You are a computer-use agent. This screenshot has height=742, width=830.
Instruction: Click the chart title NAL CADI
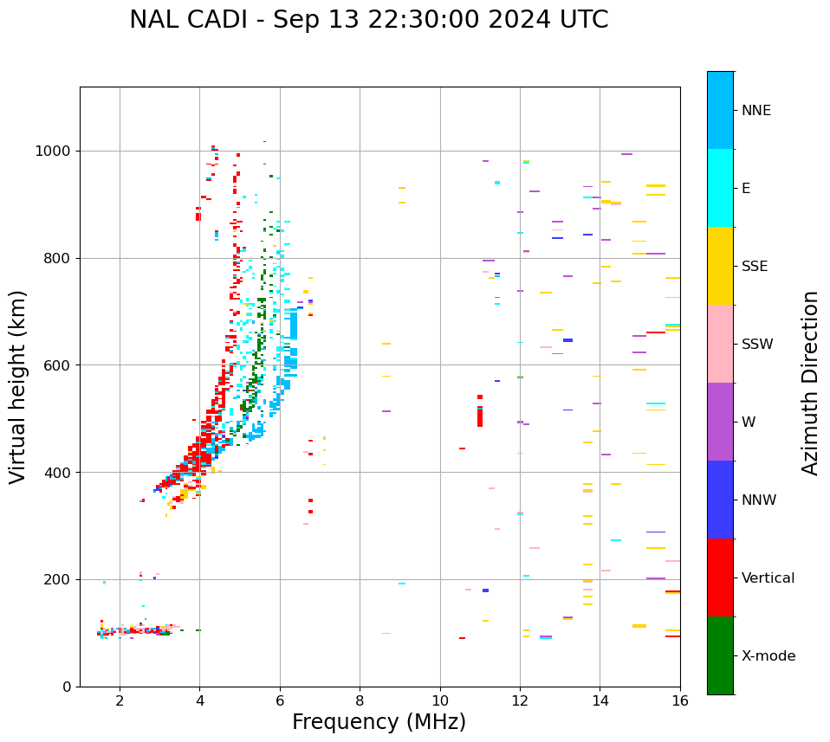(x=368, y=20)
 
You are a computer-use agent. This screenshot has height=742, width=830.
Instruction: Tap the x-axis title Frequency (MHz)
(x=379, y=722)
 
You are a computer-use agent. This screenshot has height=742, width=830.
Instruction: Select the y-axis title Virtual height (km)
(x=18, y=386)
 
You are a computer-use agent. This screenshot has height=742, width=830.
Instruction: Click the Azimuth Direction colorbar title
(x=810, y=382)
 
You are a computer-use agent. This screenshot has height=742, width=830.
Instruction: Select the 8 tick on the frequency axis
(x=360, y=700)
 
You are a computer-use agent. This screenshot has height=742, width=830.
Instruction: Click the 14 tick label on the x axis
(x=600, y=700)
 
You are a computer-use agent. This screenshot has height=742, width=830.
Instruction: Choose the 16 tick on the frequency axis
(x=680, y=700)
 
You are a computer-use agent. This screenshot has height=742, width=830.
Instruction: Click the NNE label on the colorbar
(x=755, y=111)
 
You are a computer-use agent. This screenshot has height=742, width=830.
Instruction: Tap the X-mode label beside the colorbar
(x=768, y=656)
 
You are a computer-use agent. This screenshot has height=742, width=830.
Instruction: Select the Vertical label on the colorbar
(x=768, y=578)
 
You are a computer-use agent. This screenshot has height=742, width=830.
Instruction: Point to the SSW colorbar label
(x=757, y=345)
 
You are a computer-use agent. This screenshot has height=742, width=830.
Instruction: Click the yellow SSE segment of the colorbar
(x=720, y=266)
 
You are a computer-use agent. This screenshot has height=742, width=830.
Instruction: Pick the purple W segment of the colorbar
(x=720, y=422)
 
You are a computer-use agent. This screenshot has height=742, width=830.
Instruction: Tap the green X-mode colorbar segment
(x=720, y=655)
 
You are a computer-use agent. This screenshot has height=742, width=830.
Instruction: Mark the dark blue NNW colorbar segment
(x=720, y=500)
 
